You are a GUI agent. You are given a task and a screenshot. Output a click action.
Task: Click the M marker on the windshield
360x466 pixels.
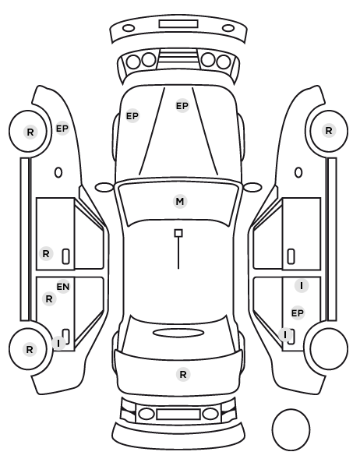click(180, 202)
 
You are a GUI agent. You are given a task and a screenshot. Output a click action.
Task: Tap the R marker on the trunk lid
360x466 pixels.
click(183, 374)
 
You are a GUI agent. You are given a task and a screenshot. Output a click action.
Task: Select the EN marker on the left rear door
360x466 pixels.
click(63, 287)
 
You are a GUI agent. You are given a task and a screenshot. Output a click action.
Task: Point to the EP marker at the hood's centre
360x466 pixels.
click(182, 106)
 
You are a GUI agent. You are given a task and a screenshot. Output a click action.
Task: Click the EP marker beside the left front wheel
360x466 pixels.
click(62, 129)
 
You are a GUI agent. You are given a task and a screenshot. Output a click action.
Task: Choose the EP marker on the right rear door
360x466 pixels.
click(298, 313)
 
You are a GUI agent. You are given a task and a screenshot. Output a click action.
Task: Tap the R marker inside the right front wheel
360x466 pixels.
click(329, 130)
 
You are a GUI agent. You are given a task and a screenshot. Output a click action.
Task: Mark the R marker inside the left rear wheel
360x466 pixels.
click(30, 349)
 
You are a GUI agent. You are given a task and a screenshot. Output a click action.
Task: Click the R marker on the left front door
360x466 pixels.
click(46, 254)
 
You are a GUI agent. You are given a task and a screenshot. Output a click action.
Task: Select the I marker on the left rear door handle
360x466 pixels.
click(58, 343)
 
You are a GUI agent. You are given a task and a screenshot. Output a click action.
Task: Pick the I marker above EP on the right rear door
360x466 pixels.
click(302, 286)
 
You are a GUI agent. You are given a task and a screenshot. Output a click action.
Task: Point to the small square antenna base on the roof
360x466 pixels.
click(178, 233)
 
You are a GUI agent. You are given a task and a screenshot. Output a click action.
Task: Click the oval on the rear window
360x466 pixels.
click(178, 333)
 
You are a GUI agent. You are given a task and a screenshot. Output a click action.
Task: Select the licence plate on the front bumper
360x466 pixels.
click(178, 24)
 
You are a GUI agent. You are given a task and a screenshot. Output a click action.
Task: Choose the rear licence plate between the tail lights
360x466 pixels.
click(178, 415)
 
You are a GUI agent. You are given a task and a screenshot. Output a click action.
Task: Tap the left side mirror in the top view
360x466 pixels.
click(104, 187)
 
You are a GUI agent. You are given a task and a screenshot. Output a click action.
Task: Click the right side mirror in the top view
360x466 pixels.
click(252, 187)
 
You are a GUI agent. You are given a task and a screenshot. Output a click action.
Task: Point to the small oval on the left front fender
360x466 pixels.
click(58, 173)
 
